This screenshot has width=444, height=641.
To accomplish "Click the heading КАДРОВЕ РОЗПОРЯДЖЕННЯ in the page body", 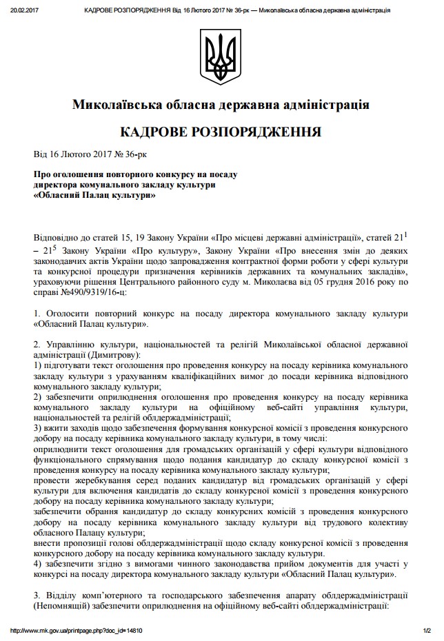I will tap(221, 132).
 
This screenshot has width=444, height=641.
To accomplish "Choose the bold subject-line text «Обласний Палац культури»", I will tap(94, 195).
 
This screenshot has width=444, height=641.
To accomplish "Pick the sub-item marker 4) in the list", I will tap(38, 562).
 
